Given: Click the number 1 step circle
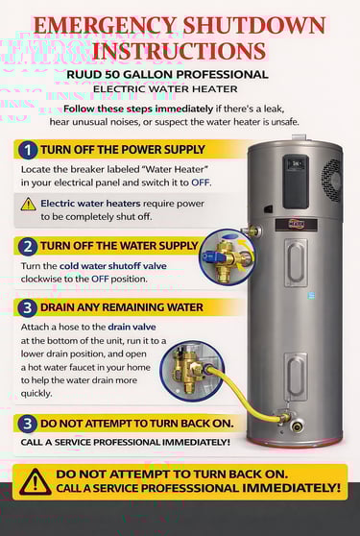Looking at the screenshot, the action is [x=28, y=151].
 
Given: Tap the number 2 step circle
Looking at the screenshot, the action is [x=28, y=247].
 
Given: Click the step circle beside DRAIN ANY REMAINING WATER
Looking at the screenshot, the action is [x=28, y=308].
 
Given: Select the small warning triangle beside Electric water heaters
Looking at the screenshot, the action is [x=28, y=204].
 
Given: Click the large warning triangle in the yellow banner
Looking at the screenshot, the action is [x=36, y=481].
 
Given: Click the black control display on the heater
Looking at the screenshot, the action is [x=296, y=182].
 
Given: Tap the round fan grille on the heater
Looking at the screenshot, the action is [x=331, y=181].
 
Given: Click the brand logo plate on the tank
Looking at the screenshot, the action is [x=296, y=224].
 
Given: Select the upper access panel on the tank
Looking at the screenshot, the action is [x=296, y=263].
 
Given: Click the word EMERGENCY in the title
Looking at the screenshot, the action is [x=105, y=26].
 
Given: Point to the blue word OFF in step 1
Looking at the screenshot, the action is [x=200, y=183].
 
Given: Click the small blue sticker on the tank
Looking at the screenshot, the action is [x=311, y=295].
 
